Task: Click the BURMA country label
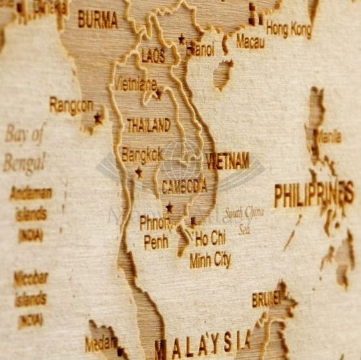(98, 20)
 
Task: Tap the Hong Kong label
(289, 30)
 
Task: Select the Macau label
(250, 42)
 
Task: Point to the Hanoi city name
(200, 49)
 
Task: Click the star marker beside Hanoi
(182, 39)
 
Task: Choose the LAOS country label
(154, 56)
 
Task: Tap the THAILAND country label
(148, 125)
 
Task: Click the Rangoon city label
(71, 106)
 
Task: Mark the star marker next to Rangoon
(98, 118)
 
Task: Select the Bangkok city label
(142, 156)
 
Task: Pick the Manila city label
(328, 138)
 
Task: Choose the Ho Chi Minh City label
(210, 248)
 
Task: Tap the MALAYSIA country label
(203, 342)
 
